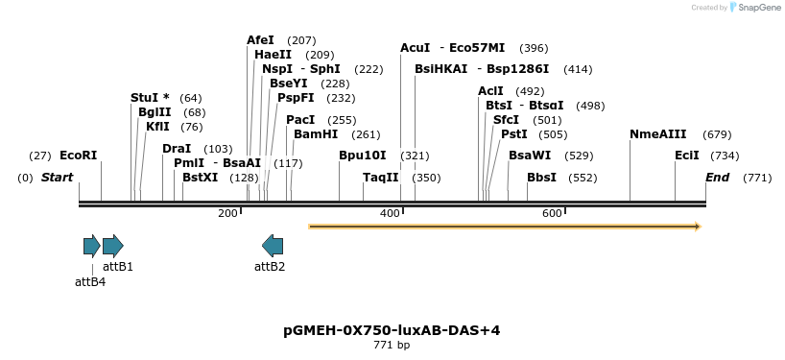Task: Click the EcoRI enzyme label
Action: coord(78,156)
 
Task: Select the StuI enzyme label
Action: coord(150,98)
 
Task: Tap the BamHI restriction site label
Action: coord(316,134)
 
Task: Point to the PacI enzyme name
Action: coord(300,120)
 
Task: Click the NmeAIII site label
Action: coord(657,134)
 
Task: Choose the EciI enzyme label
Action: coord(687,156)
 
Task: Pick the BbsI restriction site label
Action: coord(541,178)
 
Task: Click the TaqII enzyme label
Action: coord(380,178)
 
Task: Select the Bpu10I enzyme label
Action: coord(363,156)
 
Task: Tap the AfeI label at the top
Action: coord(260,40)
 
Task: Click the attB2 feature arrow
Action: coord(273,246)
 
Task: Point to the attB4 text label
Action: coord(90,281)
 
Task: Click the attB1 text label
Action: coord(118,266)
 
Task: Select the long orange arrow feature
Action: coord(504,227)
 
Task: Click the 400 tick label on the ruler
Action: coord(391,213)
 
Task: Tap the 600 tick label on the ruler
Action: coord(552,213)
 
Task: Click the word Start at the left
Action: coord(57,178)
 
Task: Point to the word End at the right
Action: coord(717,178)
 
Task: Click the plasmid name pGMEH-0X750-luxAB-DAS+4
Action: coord(392,330)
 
